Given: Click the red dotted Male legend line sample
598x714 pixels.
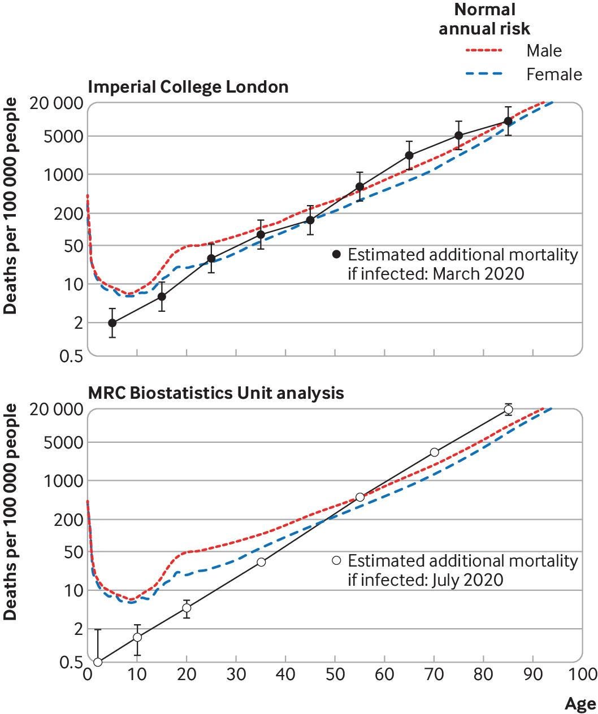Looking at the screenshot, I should [x=484, y=51].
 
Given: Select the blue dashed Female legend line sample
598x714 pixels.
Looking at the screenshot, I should [x=484, y=74].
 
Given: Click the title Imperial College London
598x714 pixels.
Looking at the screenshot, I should [x=188, y=87].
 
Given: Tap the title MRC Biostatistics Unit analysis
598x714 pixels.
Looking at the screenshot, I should [x=215, y=393].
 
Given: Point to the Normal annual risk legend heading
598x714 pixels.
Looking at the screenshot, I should [x=485, y=19].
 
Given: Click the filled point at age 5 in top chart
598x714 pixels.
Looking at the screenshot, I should [x=112, y=323].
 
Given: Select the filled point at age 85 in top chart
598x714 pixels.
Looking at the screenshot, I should [x=508, y=121].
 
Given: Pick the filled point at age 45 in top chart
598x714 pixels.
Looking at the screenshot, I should [x=310, y=220].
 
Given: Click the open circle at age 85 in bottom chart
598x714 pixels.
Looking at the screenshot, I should [x=508, y=409].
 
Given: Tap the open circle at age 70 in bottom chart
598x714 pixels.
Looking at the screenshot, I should [x=434, y=452].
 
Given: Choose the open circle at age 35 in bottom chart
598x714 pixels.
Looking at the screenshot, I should [x=261, y=562].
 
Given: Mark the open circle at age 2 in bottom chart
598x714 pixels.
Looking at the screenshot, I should [x=97, y=662].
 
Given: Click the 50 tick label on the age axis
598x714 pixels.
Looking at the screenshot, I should [x=335, y=674].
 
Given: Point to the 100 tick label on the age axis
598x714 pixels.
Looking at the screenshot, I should [x=582, y=674].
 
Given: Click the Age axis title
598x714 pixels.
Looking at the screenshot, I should [x=580, y=703].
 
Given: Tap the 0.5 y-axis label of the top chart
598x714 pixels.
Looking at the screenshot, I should [x=70, y=356].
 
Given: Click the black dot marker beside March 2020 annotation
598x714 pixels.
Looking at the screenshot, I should [x=336, y=254].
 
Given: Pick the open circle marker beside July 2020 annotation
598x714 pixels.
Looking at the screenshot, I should [x=336, y=560].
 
